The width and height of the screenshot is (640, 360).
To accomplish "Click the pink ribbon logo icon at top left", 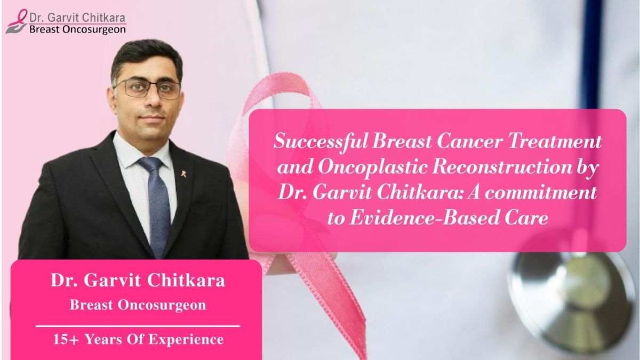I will [16, 21].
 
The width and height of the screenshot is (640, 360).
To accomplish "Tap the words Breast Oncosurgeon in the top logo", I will [77, 30].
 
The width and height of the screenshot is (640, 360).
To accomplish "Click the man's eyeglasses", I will [147, 89].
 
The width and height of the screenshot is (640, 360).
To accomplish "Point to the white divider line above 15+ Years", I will [138, 325].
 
